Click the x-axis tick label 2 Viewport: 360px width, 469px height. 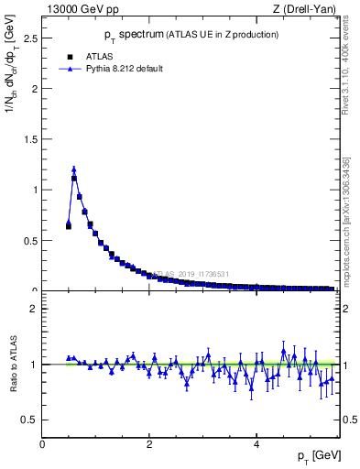(149, 444)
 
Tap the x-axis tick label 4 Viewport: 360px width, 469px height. (256, 444)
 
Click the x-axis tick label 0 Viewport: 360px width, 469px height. (42, 444)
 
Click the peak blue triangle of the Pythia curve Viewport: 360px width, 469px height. (74, 169)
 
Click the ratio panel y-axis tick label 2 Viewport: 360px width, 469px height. (34, 309)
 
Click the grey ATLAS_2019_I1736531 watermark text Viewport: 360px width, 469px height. (192, 274)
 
